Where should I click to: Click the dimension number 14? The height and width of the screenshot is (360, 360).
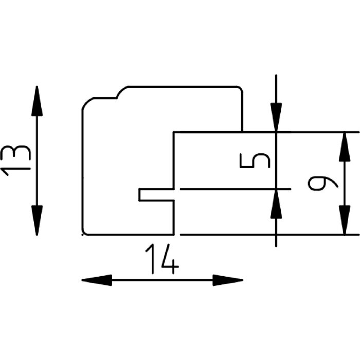161,258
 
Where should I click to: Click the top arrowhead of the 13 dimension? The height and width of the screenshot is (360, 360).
37,100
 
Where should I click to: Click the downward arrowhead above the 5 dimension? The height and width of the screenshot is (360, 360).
276,118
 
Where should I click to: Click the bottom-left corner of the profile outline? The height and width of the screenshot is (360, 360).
83,233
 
